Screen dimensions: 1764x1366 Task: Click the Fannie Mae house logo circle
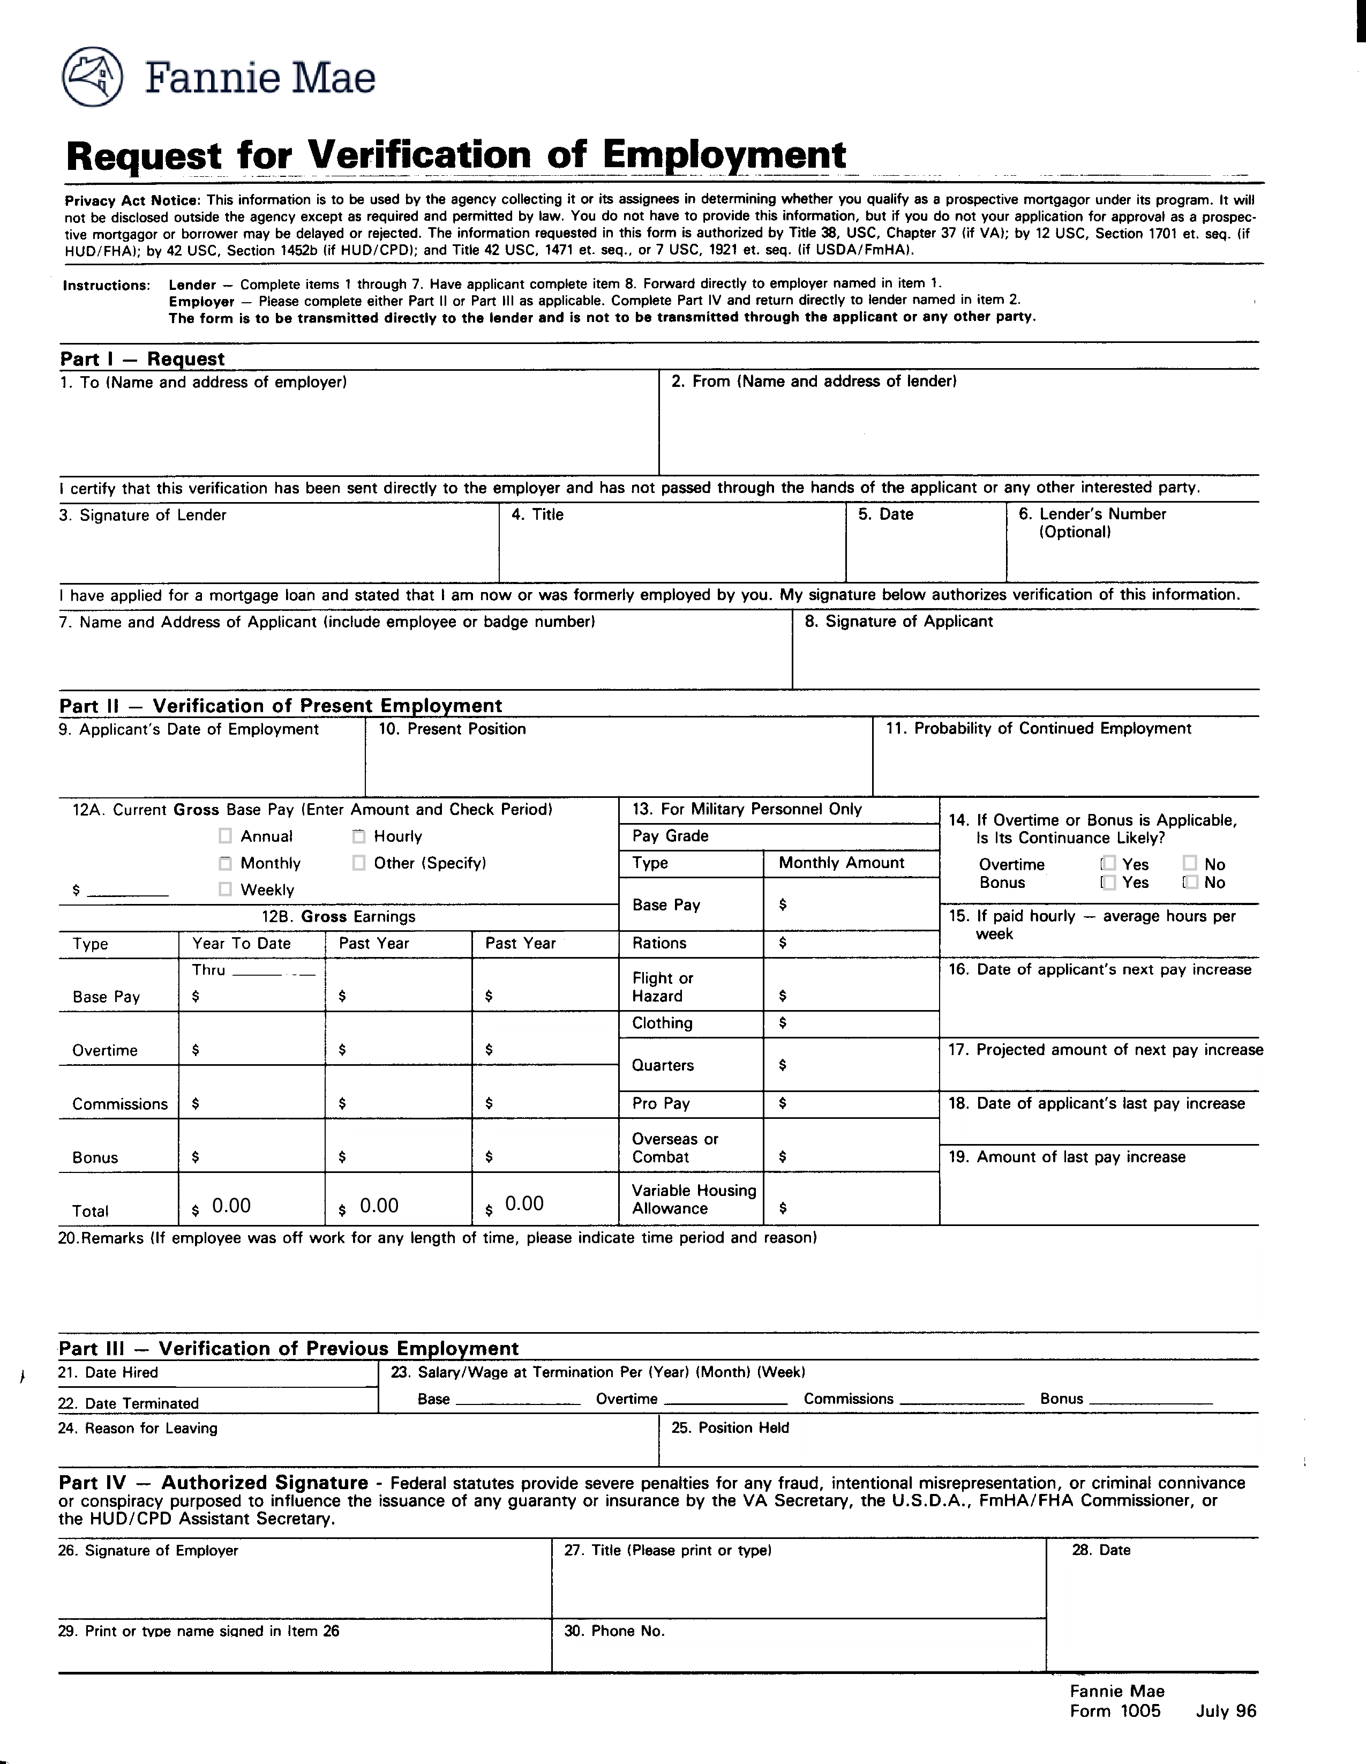coord(92,78)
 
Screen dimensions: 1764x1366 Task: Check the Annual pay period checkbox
coord(225,836)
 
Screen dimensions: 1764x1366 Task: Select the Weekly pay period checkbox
coord(225,890)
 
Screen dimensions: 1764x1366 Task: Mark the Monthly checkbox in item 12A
coord(225,863)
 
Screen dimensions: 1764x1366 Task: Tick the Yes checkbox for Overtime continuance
coord(1108,863)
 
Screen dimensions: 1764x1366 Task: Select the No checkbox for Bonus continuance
coord(1190,882)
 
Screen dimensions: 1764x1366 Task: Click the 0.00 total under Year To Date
coord(231,1206)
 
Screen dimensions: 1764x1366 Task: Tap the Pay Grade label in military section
coord(670,836)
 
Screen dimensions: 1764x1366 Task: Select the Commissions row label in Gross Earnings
coord(119,1104)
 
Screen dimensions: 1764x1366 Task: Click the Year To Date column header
coord(241,944)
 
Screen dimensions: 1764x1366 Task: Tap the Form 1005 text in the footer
coord(1115,1711)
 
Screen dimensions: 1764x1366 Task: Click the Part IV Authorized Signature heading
coord(213,1483)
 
